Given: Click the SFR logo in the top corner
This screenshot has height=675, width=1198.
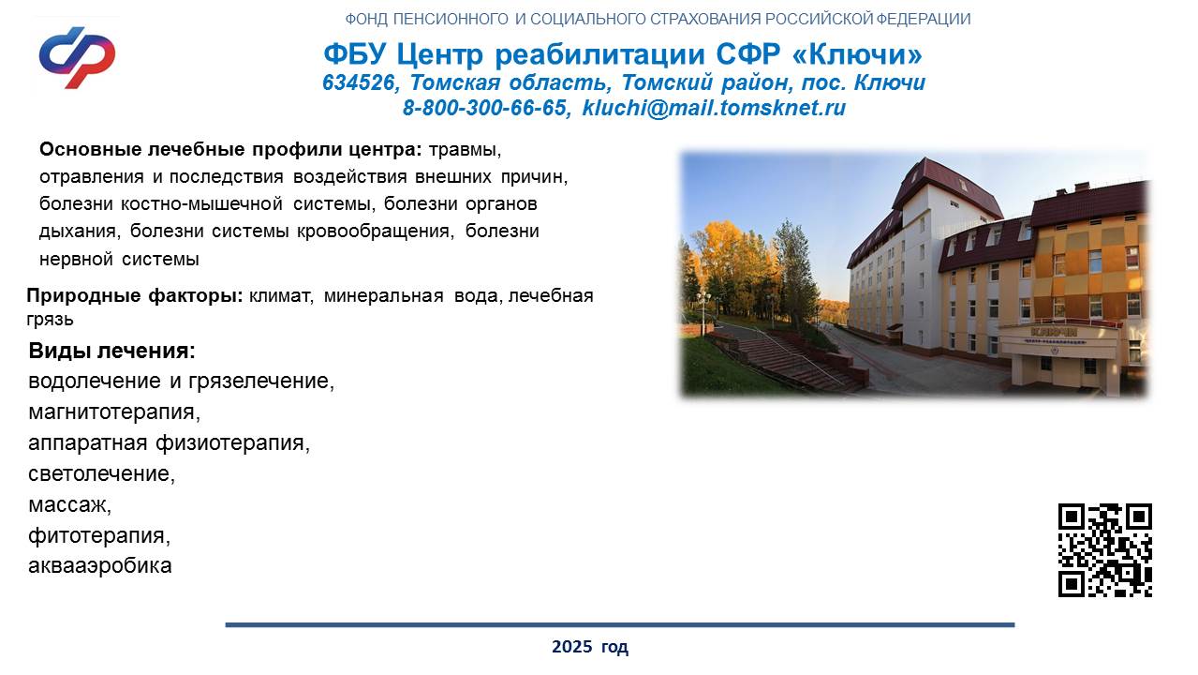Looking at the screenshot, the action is tap(77, 57).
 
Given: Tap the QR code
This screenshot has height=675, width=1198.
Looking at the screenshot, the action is tap(1105, 549).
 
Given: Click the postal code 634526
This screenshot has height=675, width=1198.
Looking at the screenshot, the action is tap(359, 82).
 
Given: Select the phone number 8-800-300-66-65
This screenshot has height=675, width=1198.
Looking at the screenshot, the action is tap(484, 108).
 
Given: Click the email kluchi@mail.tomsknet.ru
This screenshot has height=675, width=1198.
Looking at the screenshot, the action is tap(714, 108).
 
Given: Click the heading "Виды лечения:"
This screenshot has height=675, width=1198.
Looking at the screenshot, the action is tap(111, 351).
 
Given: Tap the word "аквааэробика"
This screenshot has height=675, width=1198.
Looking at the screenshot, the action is tap(100, 565).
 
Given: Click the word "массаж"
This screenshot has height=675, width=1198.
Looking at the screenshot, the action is tap(67, 504).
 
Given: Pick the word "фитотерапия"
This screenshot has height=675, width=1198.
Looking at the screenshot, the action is tap(96, 535).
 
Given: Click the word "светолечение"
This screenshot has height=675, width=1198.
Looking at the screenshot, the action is tap(99, 473).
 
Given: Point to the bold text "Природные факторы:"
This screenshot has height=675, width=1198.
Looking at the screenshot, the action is tap(135, 295).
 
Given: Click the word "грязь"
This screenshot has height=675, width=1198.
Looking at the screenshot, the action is tap(50, 320).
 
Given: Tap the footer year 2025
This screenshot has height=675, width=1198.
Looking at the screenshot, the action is tap(571, 646).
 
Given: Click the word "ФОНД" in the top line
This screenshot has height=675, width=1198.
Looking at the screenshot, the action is tap(366, 20).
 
